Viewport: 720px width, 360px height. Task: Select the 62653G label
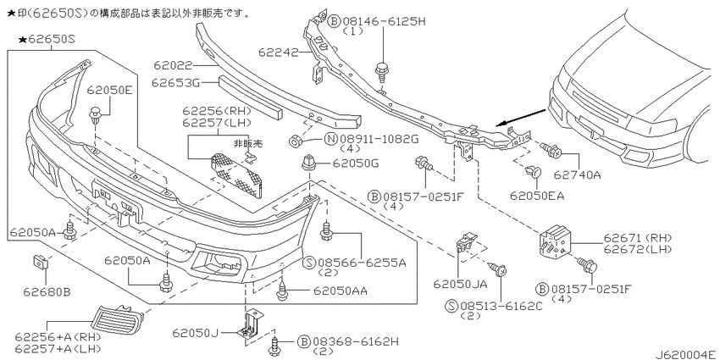pos(175,83)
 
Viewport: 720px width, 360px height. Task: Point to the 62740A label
pos(577,174)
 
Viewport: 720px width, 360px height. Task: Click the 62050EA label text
pos(537,196)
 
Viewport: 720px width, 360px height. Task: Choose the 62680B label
pos(47,291)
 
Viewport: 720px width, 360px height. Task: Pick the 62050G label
pos(356,163)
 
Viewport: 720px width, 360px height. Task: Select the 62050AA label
pos(341,291)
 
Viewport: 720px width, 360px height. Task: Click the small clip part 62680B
pos(40,263)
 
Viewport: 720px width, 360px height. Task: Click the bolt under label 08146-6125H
pos(380,73)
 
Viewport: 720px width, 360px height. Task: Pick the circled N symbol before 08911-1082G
pos(331,138)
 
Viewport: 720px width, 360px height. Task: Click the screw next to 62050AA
pos(283,291)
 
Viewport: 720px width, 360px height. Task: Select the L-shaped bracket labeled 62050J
pos(248,324)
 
